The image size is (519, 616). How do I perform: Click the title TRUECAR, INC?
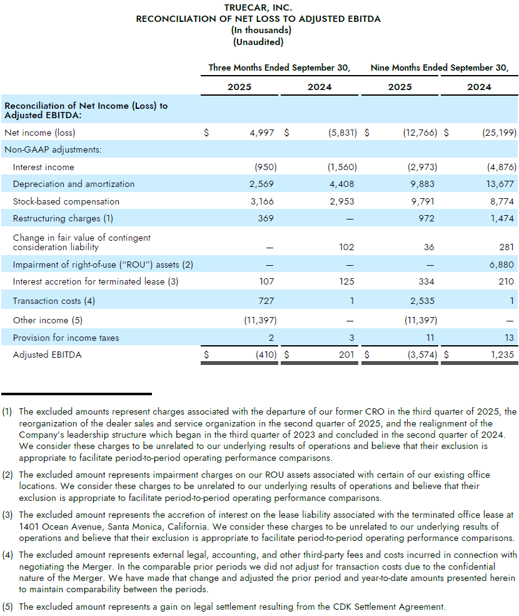(x=258, y=8)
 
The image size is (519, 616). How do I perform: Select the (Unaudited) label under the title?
(x=258, y=42)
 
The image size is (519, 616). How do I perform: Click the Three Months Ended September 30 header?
(x=279, y=68)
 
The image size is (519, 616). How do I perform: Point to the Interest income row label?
(x=43, y=167)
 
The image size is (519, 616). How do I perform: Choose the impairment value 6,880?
(x=502, y=265)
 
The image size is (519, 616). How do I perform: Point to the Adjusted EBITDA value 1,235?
(x=501, y=355)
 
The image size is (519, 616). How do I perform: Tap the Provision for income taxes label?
(x=66, y=338)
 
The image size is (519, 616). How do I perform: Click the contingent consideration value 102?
(x=346, y=247)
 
